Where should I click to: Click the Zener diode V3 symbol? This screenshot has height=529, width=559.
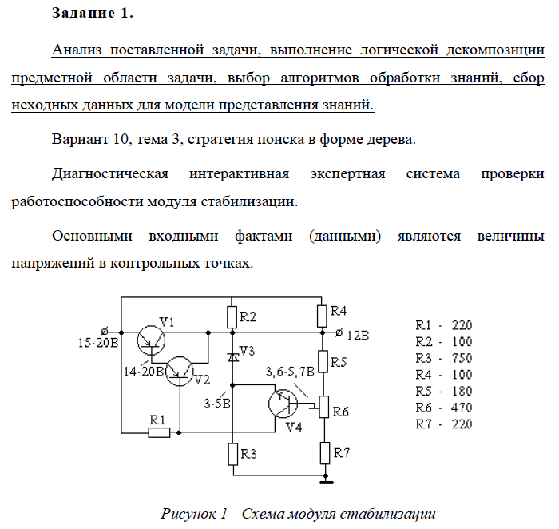233,357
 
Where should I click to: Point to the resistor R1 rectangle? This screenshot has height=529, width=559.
159,432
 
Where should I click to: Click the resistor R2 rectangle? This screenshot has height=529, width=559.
232,317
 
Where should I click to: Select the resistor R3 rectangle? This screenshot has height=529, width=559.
233,454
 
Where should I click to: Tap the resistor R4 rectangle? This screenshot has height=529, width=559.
322,316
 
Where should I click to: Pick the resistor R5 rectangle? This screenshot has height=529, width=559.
323,361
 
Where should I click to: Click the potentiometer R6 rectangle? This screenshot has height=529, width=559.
323,407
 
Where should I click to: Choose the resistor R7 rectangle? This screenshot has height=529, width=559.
325,453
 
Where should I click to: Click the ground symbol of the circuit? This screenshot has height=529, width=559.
326,482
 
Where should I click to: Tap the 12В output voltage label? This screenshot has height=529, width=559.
358,336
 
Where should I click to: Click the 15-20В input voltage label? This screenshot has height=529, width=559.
98,343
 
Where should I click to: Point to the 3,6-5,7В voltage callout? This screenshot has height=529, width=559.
290,372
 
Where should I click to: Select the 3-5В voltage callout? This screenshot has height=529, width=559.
217,404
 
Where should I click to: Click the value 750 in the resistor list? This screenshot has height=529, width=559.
462,358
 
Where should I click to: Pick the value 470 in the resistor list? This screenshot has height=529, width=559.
462,408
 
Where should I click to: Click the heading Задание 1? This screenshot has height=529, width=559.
93,14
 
